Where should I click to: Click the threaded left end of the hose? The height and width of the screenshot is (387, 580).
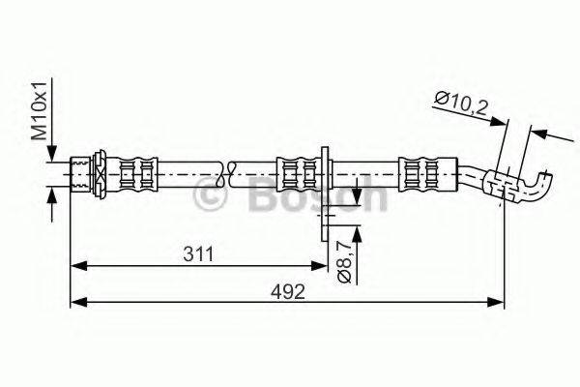(82, 174)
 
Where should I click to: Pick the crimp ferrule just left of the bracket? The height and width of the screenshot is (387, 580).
(297, 174)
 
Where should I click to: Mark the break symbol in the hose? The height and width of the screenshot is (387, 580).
(228, 174)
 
